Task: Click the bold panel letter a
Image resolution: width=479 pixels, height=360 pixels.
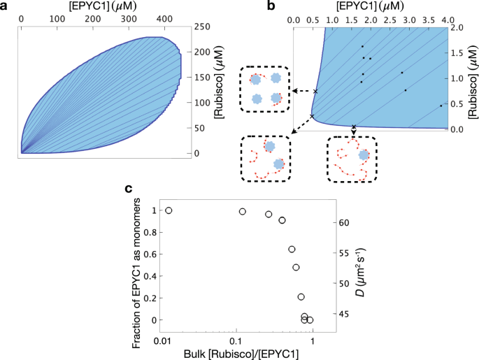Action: point(6,6)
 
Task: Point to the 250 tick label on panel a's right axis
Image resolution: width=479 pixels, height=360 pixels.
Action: point(204,27)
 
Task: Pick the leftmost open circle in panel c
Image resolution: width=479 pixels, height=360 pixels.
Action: point(168,210)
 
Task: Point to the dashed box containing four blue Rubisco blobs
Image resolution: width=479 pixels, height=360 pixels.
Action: point(266,89)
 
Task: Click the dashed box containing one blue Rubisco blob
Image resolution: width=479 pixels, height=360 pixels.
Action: point(352,158)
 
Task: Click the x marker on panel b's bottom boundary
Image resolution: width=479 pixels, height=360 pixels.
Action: point(354,127)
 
